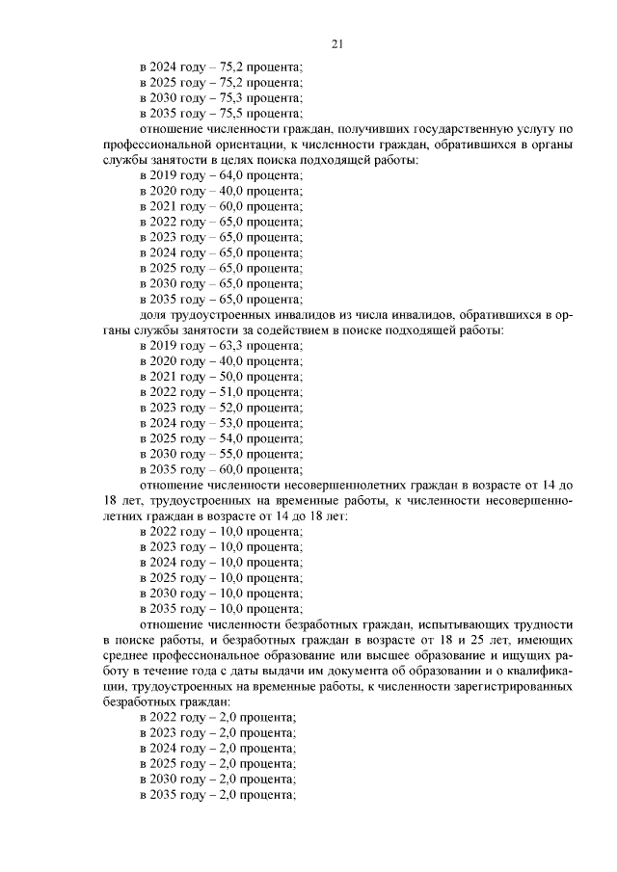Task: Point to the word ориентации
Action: pyautogui.click(x=253, y=145)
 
